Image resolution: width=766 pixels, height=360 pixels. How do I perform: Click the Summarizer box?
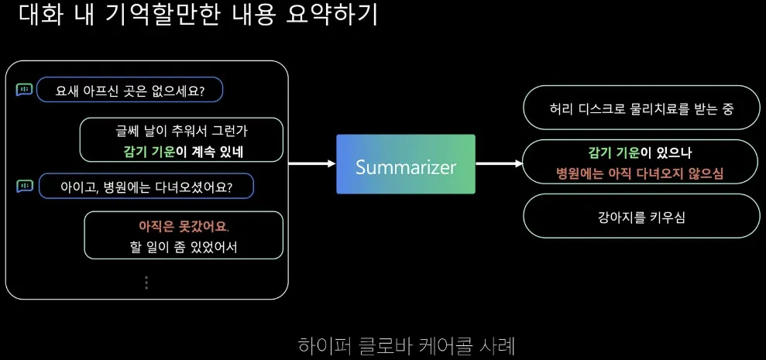coord(405,164)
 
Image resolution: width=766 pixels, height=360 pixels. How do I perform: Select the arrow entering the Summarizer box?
coord(311,164)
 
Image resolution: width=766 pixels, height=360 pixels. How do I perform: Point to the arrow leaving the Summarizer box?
coord(498,164)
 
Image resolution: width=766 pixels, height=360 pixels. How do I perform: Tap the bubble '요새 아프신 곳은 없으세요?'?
coord(130,90)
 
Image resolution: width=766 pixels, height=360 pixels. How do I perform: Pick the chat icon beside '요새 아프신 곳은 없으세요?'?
coord(24,90)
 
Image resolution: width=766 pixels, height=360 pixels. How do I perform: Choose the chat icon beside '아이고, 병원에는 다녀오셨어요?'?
coord(24,186)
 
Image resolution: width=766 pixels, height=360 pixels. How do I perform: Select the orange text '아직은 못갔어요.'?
coord(184,227)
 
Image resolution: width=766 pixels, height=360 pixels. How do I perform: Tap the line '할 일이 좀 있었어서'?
coord(184,248)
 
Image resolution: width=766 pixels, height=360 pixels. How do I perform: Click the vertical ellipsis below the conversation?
coord(146,283)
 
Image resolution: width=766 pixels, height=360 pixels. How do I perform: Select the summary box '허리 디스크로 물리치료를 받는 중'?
coord(640,108)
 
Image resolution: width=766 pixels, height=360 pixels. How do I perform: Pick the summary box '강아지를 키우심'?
coord(640,216)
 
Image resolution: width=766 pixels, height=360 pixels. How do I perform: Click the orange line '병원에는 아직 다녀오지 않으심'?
coord(640,172)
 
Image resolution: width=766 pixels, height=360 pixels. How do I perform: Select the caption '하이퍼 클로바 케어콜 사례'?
coord(406,345)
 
